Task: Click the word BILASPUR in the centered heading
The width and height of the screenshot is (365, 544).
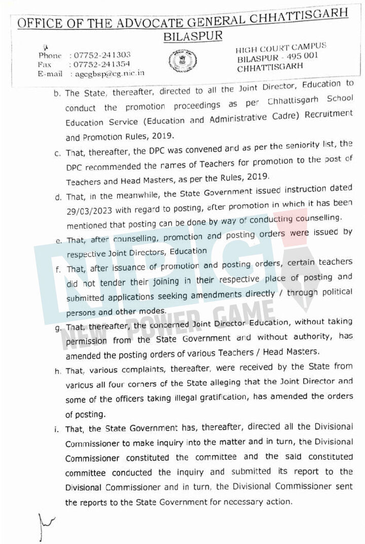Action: coord(193,37)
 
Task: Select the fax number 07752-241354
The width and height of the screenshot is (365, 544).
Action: coord(102,64)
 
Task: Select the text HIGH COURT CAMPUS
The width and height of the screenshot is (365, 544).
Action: coord(281,48)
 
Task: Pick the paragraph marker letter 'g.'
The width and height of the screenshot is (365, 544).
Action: coord(58,328)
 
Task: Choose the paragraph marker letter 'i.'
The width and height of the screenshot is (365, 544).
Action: coord(57,430)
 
